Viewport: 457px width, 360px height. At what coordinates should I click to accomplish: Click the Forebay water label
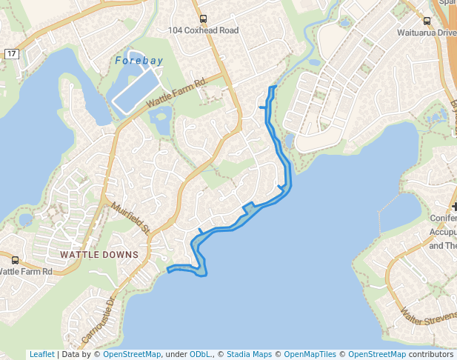(139, 61)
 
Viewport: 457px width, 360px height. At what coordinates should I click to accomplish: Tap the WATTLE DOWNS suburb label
(99, 255)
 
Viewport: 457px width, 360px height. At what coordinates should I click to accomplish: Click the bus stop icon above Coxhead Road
(204, 19)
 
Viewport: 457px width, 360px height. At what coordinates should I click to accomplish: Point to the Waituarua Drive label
(427, 33)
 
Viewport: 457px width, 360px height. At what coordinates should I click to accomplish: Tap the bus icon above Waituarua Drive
(427, 21)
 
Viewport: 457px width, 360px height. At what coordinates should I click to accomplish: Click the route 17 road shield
(11, 54)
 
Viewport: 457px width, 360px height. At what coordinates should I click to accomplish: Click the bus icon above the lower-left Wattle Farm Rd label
(16, 260)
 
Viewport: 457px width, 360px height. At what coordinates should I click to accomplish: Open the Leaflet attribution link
(41, 354)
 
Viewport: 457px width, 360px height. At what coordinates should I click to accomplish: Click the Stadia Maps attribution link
(249, 354)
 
